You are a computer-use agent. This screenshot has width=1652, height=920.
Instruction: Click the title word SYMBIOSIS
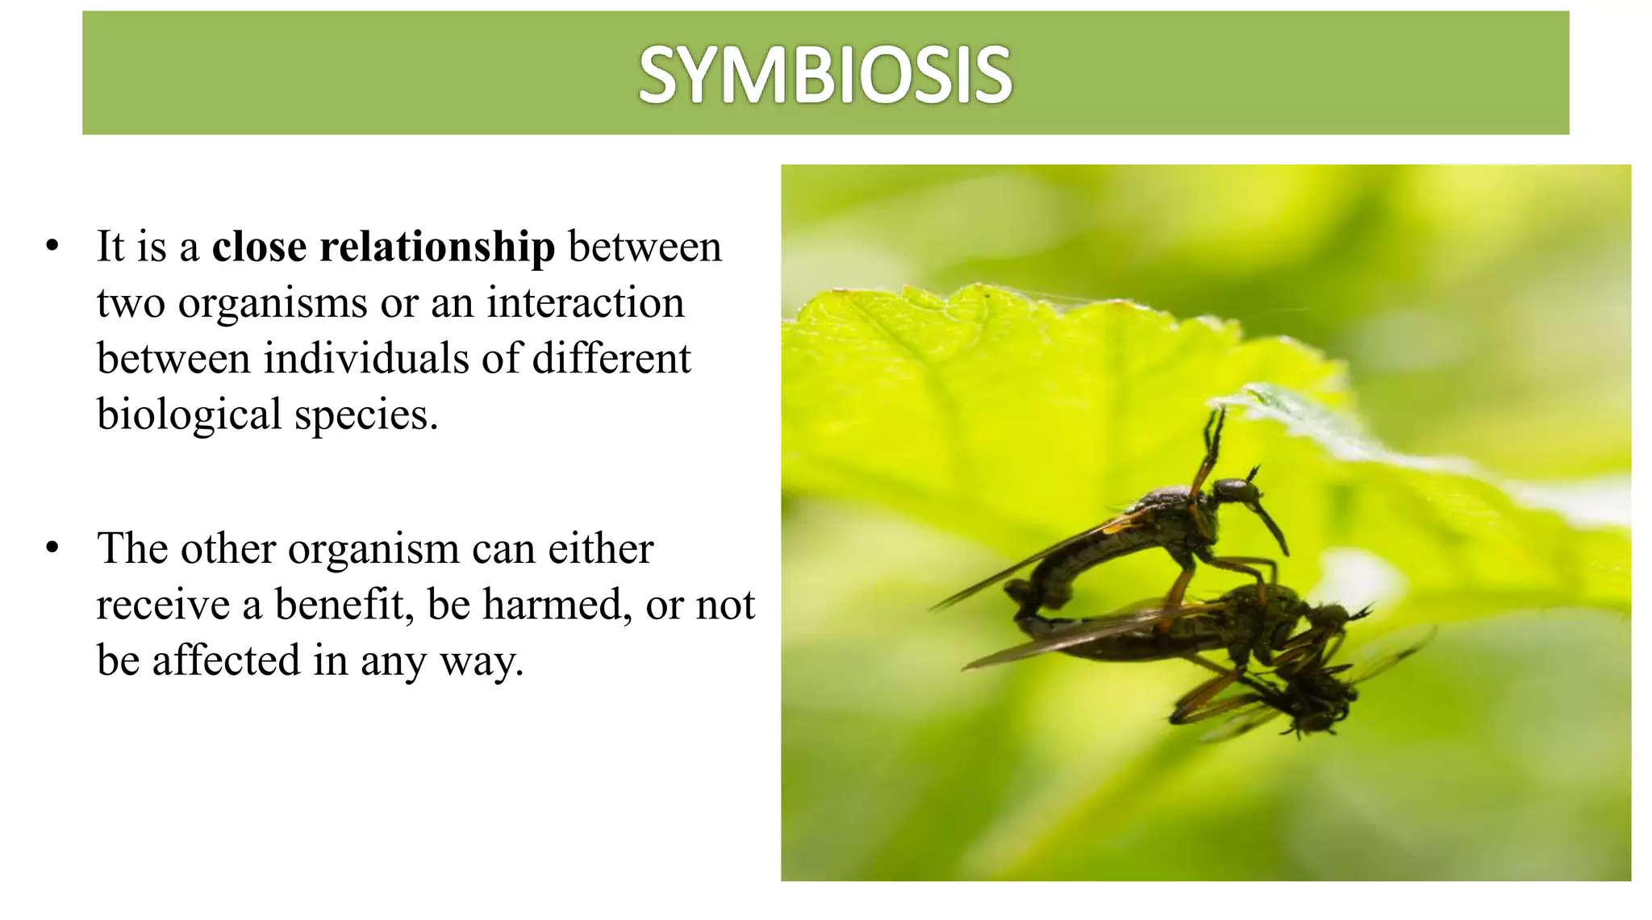point(824,75)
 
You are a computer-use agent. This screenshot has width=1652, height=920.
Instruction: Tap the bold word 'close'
point(259,247)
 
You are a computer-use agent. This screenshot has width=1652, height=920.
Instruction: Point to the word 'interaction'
point(585,303)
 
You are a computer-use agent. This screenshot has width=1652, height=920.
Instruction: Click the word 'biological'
point(189,416)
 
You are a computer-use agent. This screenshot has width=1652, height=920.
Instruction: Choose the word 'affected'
point(226,660)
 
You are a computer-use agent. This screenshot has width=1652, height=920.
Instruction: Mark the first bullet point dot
point(53,246)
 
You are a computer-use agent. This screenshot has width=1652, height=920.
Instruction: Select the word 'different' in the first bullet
point(611,359)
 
